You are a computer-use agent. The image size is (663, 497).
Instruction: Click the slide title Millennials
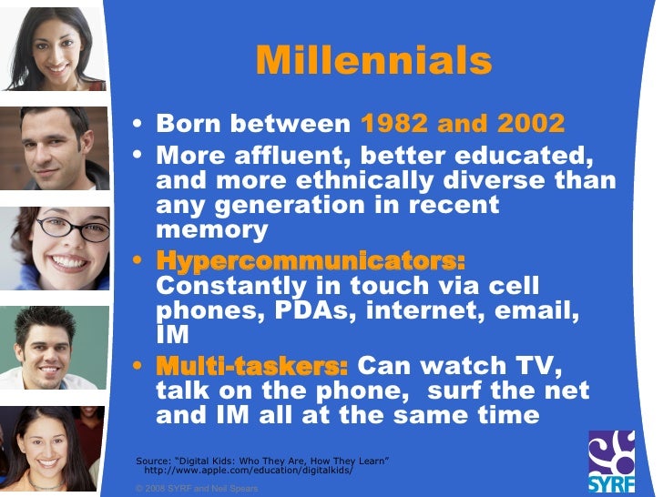click(373, 61)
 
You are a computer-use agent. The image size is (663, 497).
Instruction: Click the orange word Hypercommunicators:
click(311, 260)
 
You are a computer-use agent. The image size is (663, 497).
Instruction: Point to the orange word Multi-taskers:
click(252, 367)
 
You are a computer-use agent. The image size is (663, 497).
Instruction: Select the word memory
click(212, 230)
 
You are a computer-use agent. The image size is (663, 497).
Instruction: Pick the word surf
click(454, 392)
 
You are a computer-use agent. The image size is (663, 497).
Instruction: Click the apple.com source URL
click(248, 472)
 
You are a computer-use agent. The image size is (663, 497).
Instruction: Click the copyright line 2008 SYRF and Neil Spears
click(196, 489)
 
